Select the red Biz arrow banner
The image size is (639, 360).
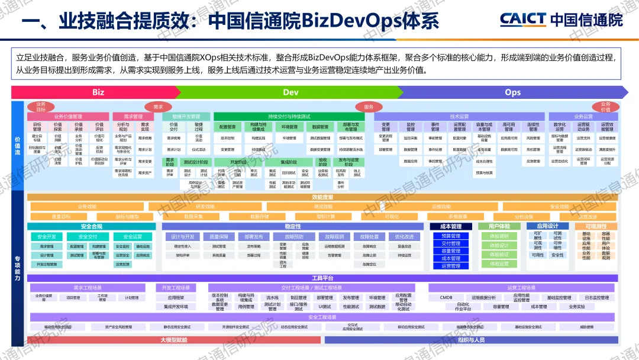[x=98, y=92]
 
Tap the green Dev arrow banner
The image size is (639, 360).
[x=291, y=92]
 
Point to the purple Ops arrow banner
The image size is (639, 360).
[x=512, y=92]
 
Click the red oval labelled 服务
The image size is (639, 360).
[x=369, y=107]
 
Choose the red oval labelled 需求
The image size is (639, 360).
[x=158, y=107]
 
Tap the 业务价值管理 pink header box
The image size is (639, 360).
[x=68, y=117]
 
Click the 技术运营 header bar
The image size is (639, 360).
[x=459, y=117]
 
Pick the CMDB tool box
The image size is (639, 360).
[x=446, y=298]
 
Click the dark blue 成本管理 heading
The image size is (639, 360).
[x=451, y=226]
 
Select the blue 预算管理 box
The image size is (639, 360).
[x=451, y=236]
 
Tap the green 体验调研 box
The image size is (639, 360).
[x=499, y=236]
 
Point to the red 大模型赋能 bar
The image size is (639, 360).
[x=173, y=340]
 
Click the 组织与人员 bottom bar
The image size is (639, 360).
[x=472, y=340]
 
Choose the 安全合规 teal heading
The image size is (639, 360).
[x=91, y=226]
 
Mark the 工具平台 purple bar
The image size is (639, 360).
[x=322, y=278]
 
